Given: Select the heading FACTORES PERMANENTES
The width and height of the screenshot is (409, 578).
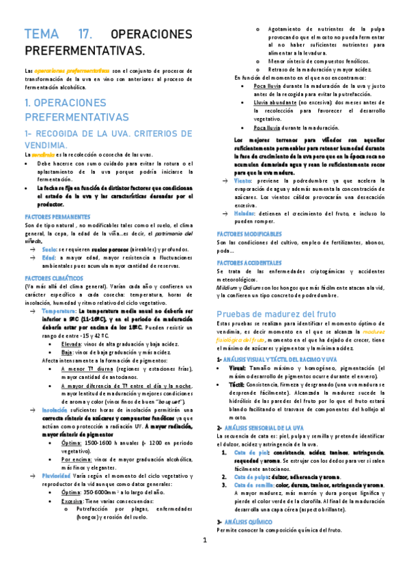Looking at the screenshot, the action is click(53, 216).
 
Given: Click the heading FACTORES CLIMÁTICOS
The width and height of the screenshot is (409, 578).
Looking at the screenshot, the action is click(49, 279).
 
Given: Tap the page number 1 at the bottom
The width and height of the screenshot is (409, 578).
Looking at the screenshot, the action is click(204, 560).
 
